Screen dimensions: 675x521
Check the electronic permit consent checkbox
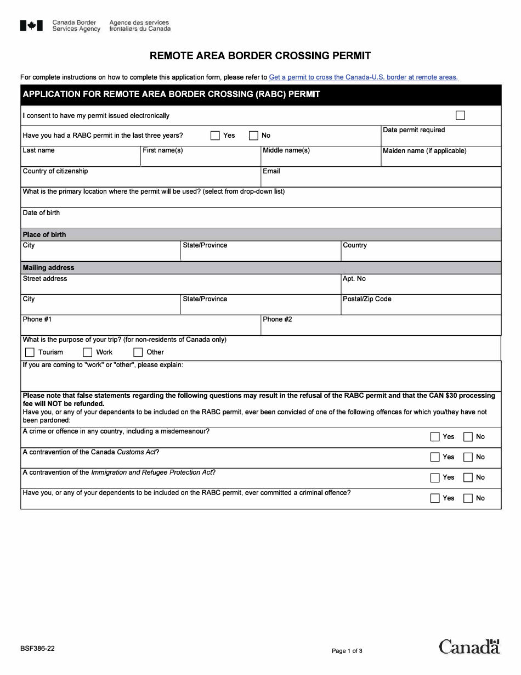(460, 115)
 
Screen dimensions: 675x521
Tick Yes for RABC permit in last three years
(215, 136)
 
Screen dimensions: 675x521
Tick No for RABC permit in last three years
(253, 136)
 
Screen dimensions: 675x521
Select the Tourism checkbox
(30, 352)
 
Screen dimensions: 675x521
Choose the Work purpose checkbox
(87, 352)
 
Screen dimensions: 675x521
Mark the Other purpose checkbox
(138, 352)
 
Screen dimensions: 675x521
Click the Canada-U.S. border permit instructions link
(363, 77)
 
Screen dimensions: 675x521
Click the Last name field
(80, 159)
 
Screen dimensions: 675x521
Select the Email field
(381, 179)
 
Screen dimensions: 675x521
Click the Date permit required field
(441, 139)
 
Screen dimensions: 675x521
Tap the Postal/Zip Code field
(421, 308)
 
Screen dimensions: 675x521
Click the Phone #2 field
(381, 328)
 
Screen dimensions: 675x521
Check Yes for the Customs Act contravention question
(435, 457)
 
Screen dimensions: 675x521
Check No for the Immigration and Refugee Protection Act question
(468, 477)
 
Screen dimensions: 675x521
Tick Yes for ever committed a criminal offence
(435, 498)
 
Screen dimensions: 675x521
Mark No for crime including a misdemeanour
(468, 437)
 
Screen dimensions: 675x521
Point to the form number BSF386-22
(37, 648)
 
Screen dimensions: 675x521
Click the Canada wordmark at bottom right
(469, 646)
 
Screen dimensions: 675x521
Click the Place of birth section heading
(44, 235)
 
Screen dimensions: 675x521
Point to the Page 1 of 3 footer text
(347, 651)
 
